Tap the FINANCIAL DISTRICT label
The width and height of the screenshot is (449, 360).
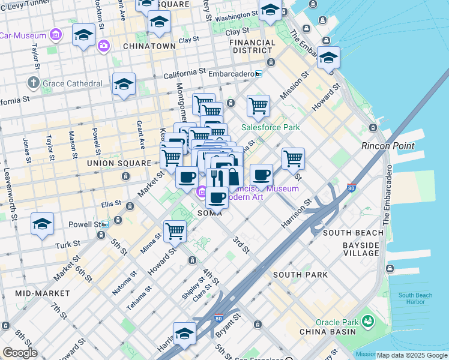(253, 47)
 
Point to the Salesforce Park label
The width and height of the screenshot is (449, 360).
(270, 127)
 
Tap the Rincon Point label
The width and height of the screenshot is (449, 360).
(387, 146)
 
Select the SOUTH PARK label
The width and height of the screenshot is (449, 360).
(300, 275)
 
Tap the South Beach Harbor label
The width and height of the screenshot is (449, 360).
(415, 299)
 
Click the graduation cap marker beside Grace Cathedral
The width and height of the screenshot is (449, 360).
(124, 85)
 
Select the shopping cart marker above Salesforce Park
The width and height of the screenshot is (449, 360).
(258, 105)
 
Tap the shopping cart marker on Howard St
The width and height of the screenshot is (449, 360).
(175, 230)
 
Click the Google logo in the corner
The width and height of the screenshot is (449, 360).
(20, 353)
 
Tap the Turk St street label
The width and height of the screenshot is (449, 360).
(67, 245)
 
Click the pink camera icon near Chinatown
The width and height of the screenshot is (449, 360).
(104, 45)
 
